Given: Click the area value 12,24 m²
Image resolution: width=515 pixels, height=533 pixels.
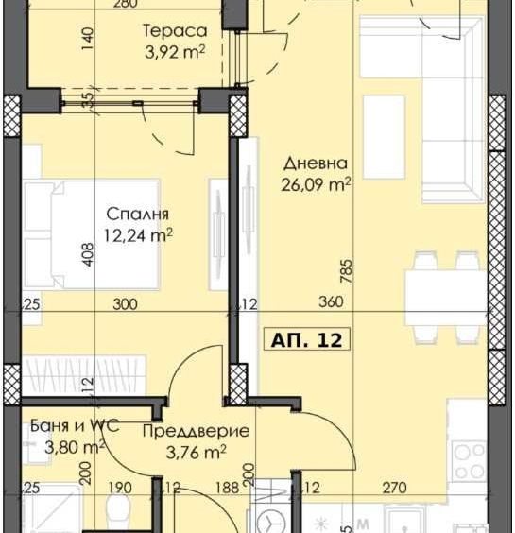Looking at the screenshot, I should pos(139,234).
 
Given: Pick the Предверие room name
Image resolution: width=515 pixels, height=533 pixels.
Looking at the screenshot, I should pos(196,431).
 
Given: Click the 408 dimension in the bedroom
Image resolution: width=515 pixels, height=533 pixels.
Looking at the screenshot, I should pos(87,258).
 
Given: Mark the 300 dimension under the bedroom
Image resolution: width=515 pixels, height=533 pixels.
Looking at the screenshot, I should pos(125,304).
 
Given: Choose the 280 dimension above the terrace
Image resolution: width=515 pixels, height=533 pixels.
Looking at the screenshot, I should pos(150,5).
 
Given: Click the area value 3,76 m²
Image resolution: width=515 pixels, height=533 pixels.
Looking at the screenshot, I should pos(196,452).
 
